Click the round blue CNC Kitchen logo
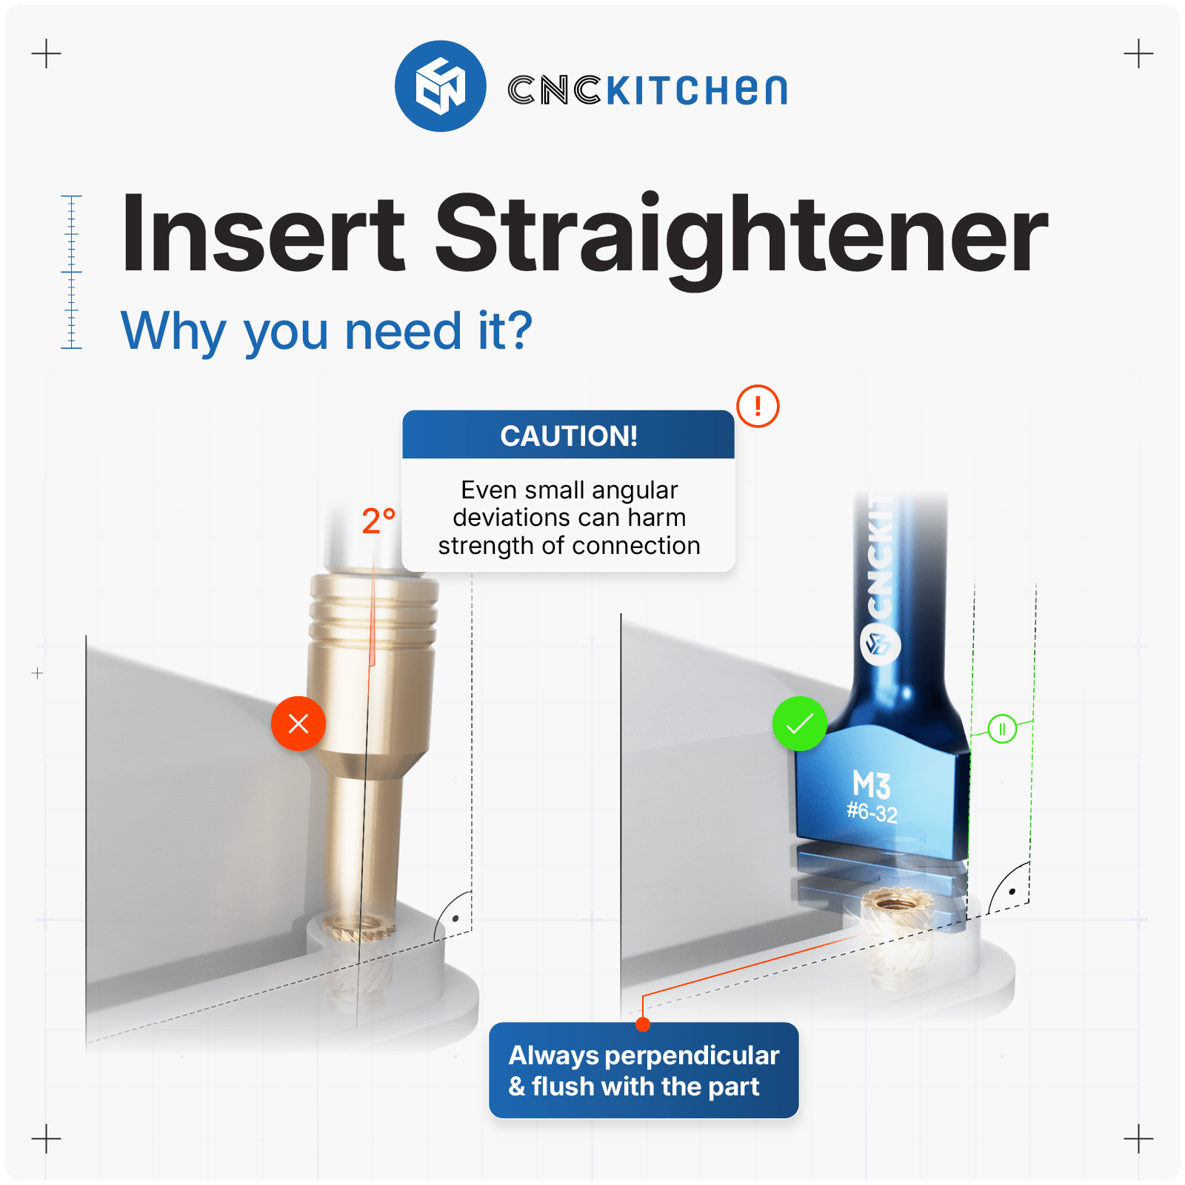pyautogui.click(x=441, y=86)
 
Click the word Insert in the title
pyautogui.click(x=264, y=233)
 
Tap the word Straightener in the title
pyautogui.click(x=741, y=239)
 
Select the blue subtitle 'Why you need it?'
pyautogui.click(x=327, y=331)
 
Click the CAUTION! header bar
pyautogui.click(x=569, y=435)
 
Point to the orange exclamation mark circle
pyautogui.click(x=758, y=406)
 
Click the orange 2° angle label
pyautogui.click(x=378, y=521)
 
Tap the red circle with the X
pyautogui.click(x=298, y=724)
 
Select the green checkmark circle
pyautogui.click(x=800, y=724)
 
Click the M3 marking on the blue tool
pyautogui.click(x=872, y=784)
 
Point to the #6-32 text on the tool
pyautogui.click(x=872, y=812)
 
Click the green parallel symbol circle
pyautogui.click(x=1002, y=729)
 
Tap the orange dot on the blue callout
pyautogui.click(x=643, y=1024)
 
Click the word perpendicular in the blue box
pyautogui.click(x=692, y=1056)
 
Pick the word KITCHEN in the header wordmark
pyautogui.click(x=696, y=90)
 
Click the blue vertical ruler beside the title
pyautogui.click(x=71, y=272)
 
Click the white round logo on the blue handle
pyautogui.click(x=881, y=644)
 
